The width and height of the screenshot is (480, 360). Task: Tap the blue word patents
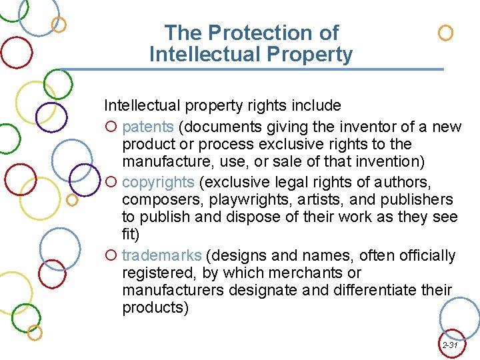point(148,127)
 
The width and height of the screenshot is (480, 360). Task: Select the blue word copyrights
point(158,182)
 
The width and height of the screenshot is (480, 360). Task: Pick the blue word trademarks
point(162,255)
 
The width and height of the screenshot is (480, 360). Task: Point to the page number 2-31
point(450,345)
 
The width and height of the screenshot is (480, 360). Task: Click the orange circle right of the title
point(446,33)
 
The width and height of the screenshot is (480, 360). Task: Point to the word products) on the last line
point(155,308)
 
